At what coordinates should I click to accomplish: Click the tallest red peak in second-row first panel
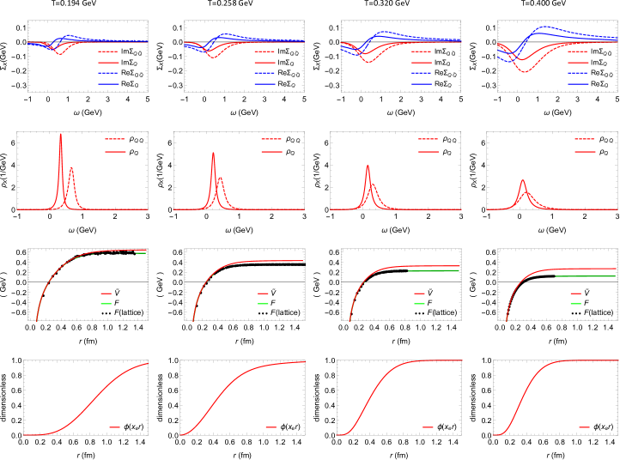tap(61, 135)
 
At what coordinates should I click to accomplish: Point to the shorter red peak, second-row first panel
tap(71, 168)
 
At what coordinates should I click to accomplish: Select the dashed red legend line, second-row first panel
tap(114, 139)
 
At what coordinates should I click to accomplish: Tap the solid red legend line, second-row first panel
tap(115, 152)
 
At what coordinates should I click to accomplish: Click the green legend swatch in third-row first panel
tap(106, 304)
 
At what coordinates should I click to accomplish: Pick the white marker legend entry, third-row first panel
tap(106, 313)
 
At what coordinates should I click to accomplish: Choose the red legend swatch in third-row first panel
tap(106, 294)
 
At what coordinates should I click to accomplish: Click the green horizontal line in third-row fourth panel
tap(586, 276)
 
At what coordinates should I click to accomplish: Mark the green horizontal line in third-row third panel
tap(434, 271)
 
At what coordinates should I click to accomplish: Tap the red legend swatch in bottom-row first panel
tap(114, 427)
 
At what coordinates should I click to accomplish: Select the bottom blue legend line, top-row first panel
tap(108, 84)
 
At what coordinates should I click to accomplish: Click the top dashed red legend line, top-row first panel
tap(108, 51)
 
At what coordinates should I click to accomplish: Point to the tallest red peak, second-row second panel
tap(213, 154)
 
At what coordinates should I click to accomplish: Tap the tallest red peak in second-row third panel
tap(368, 166)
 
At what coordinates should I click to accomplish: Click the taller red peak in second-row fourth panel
tap(522, 181)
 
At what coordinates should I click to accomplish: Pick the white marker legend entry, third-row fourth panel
tap(575, 313)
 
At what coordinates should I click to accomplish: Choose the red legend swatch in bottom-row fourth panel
tap(584, 427)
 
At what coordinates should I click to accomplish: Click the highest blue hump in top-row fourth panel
tap(543, 27)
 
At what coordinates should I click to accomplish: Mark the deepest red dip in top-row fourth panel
tap(525, 72)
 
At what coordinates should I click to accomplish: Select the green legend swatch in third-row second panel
tap(263, 304)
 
